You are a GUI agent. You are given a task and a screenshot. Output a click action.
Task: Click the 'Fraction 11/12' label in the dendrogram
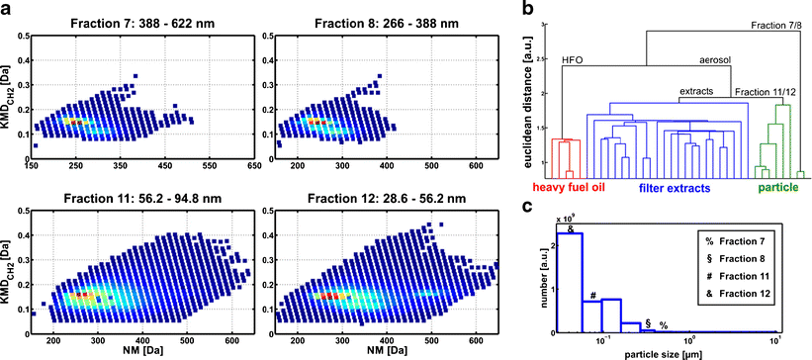click(x=767, y=92)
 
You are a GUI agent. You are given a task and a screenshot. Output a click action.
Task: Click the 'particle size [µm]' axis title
click(x=672, y=352)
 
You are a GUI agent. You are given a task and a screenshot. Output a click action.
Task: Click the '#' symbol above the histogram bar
click(x=591, y=295)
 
